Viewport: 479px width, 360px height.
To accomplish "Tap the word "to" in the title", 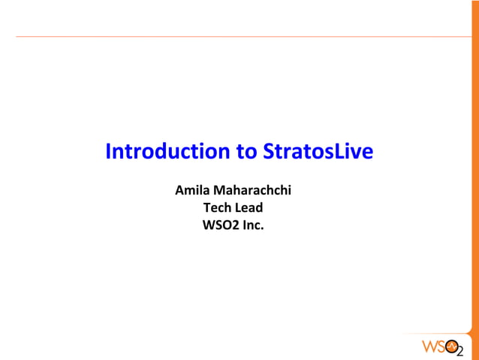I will (247, 152).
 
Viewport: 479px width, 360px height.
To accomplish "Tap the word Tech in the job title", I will (217, 207).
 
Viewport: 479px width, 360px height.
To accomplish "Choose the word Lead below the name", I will (249, 207).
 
